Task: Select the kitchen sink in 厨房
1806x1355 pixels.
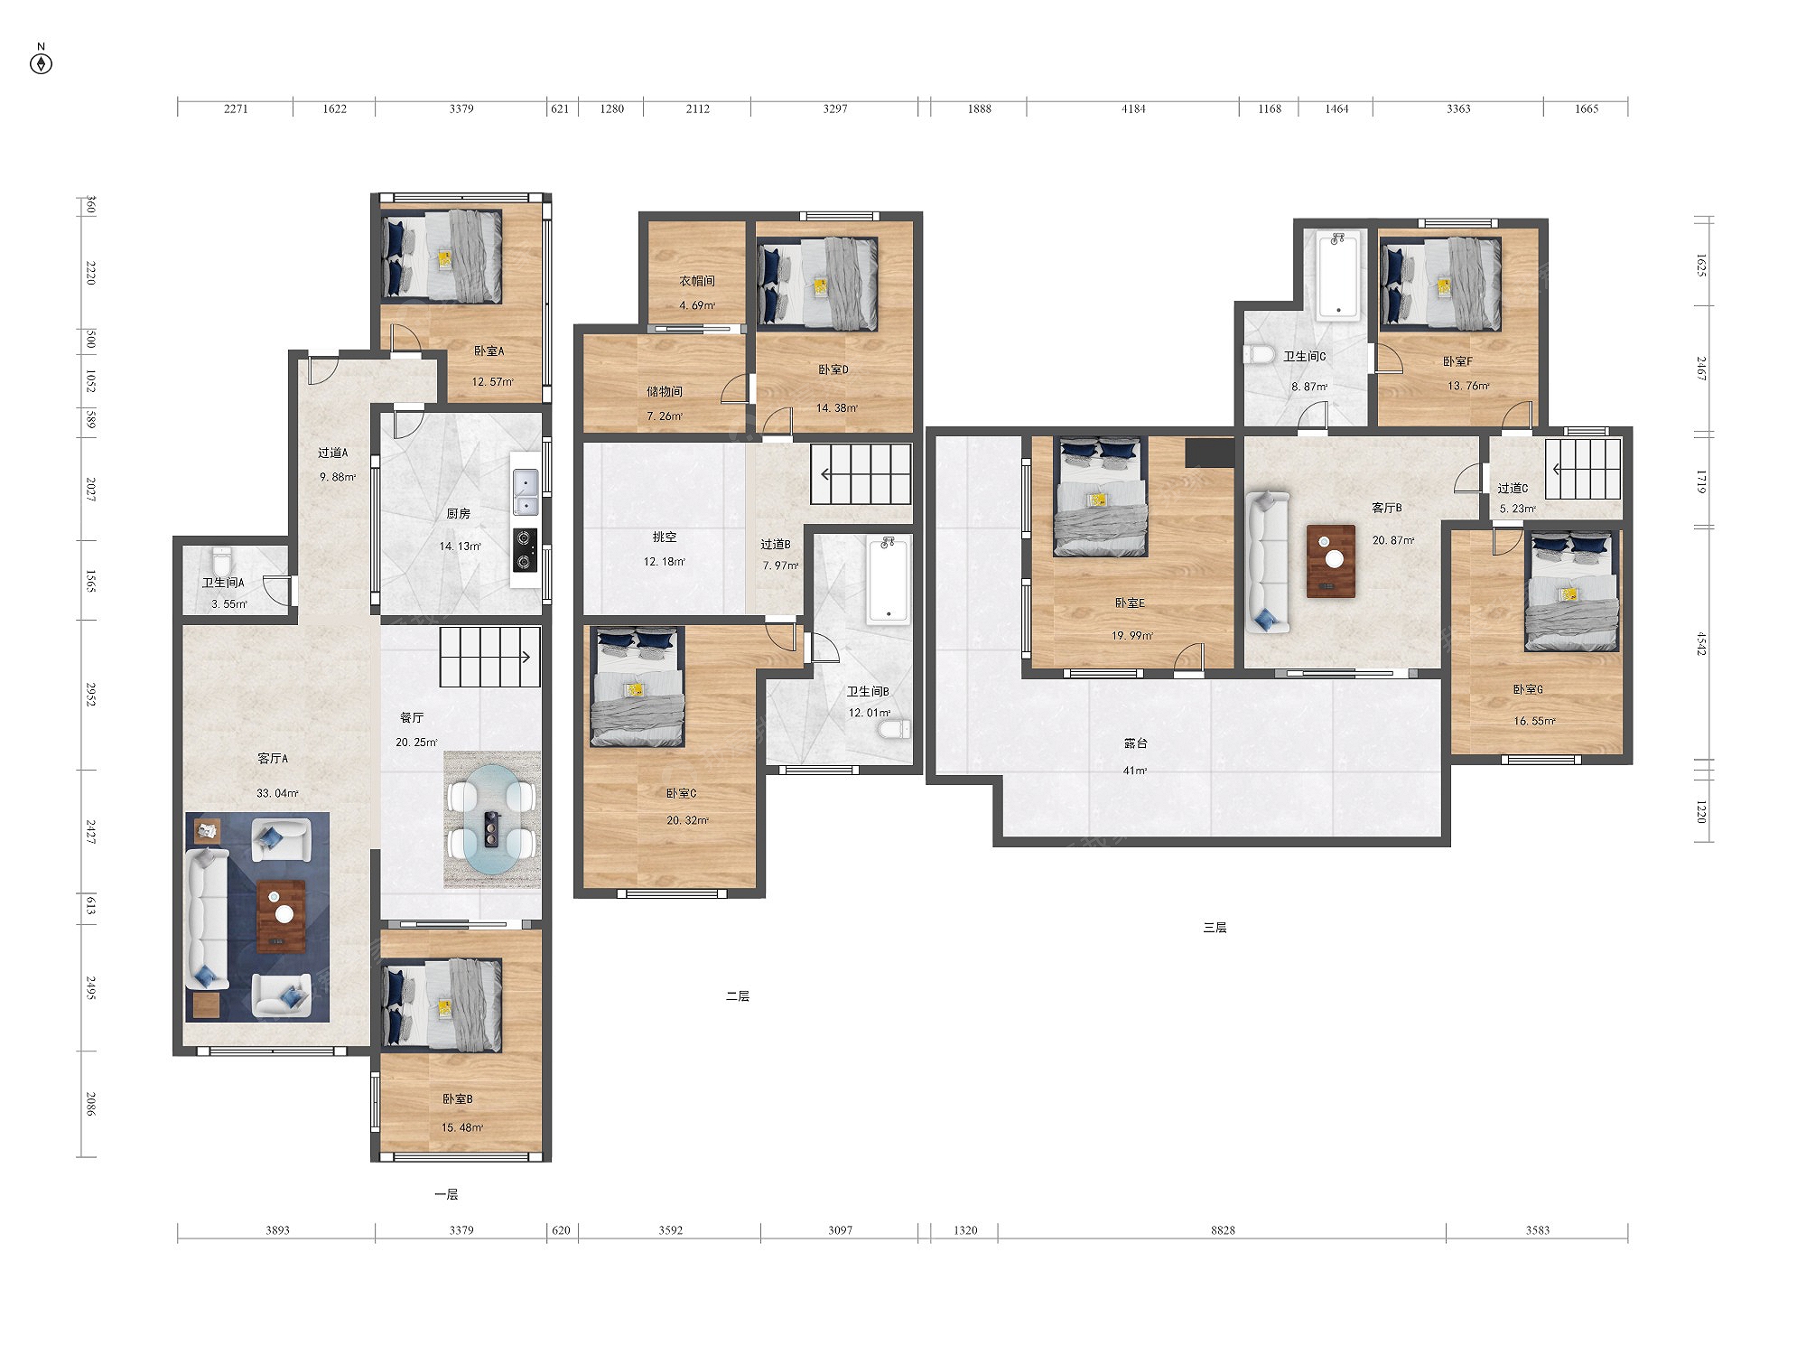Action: click(x=526, y=492)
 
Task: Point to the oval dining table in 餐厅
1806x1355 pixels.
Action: click(x=492, y=819)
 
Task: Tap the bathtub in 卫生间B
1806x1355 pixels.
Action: click(x=889, y=579)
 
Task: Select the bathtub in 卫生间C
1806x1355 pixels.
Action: click(x=1337, y=276)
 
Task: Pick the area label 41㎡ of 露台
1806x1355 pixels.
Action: click(x=1135, y=771)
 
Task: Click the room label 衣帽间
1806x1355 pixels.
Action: click(x=697, y=281)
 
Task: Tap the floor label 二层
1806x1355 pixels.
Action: click(x=738, y=995)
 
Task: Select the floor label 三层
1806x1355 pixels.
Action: click(x=1215, y=927)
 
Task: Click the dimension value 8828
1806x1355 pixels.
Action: click(x=1223, y=1229)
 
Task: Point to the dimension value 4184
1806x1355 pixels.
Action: click(x=1133, y=108)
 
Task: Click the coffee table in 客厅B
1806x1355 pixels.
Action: click(x=1331, y=561)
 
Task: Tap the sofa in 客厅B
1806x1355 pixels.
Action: click(x=1268, y=561)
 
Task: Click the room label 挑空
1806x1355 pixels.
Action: click(x=665, y=537)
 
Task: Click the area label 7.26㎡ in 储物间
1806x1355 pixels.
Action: click(x=665, y=416)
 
